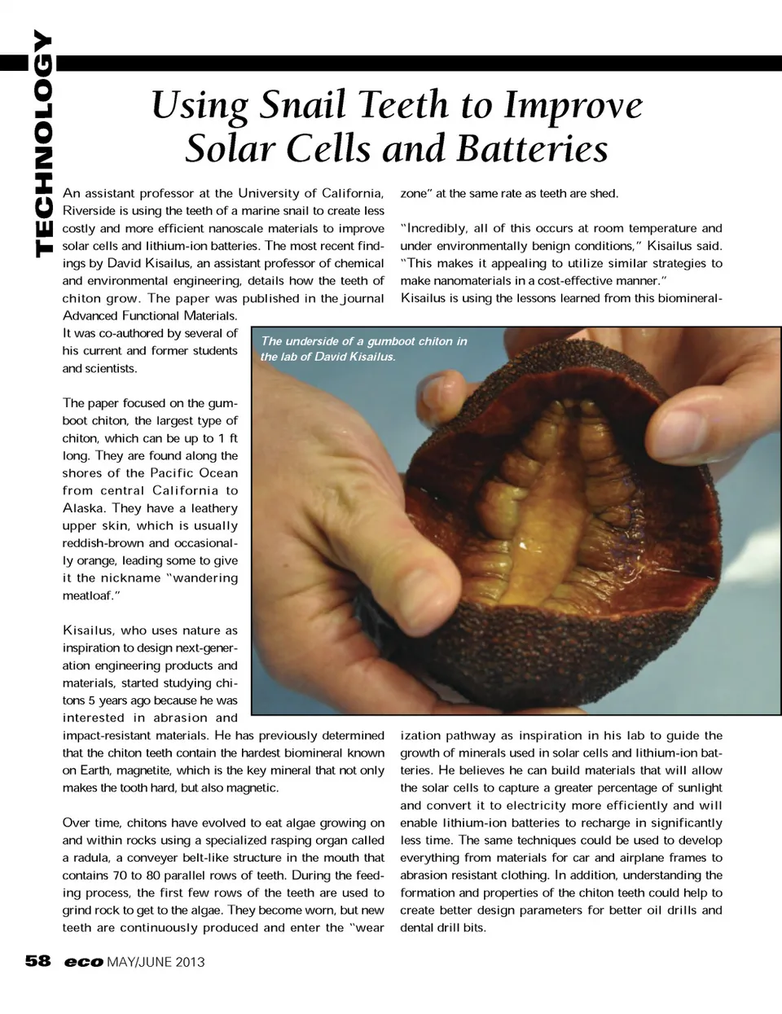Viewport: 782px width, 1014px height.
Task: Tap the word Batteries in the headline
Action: [531, 149]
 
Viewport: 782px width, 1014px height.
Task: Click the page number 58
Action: [37, 962]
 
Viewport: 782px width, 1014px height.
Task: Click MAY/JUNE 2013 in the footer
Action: [156, 963]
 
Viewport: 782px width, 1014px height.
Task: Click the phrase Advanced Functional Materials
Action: [150, 316]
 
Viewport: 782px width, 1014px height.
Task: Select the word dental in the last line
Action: [416, 928]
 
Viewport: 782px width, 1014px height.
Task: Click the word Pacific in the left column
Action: [171, 473]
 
